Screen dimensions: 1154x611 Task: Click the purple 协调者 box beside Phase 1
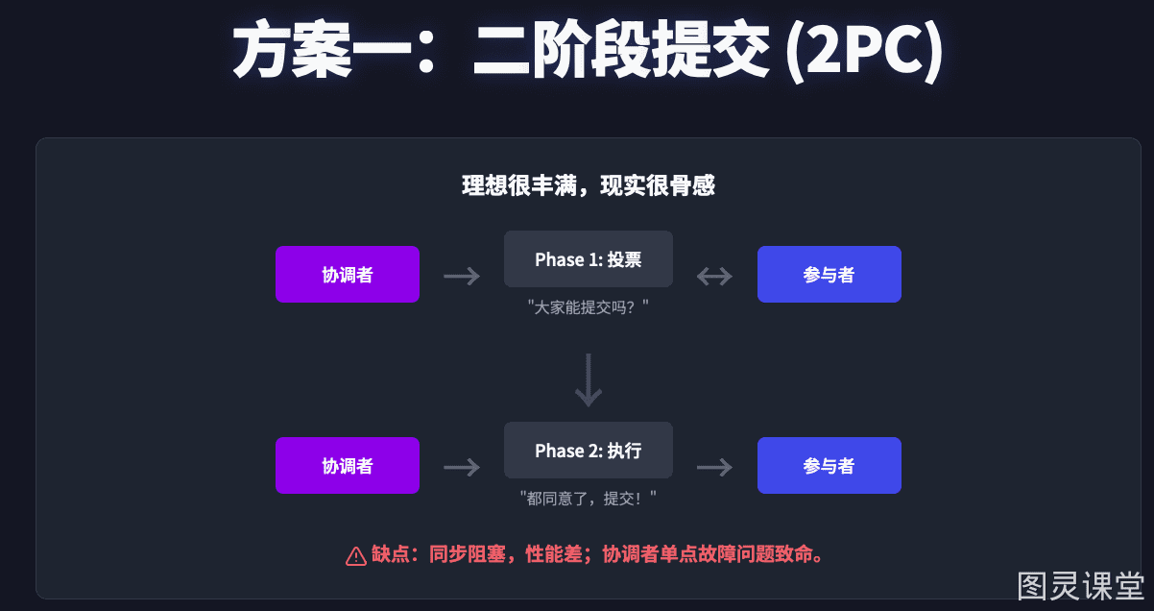pyautogui.click(x=348, y=275)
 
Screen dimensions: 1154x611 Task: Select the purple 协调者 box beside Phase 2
pyautogui.click(x=348, y=466)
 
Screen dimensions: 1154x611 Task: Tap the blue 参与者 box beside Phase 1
pyautogui.click(x=829, y=275)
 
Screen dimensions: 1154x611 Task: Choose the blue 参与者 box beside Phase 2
pyautogui.click(x=829, y=466)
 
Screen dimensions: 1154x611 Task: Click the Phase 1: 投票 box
pyautogui.click(x=589, y=258)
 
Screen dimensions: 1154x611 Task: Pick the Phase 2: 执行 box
pyautogui.click(x=589, y=451)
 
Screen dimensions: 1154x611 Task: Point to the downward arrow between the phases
pyautogui.click(x=589, y=380)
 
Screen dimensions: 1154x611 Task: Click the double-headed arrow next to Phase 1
pyautogui.click(x=714, y=277)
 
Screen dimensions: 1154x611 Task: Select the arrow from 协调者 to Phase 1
pyautogui.click(x=462, y=277)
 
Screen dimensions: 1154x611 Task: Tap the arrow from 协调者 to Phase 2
pyautogui.click(x=462, y=468)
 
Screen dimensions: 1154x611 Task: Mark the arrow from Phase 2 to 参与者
pyautogui.click(x=714, y=468)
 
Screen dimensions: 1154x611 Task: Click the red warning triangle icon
pyautogui.click(x=356, y=556)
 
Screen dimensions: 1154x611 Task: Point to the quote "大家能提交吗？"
pyautogui.click(x=588, y=307)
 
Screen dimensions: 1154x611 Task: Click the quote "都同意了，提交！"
pyautogui.click(x=588, y=499)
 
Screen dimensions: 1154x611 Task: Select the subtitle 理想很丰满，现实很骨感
pyautogui.click(x=589, y=185)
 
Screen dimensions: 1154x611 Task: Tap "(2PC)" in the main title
pyautogui.click(x=864, y=50)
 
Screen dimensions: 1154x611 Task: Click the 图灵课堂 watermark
pyautogui.click(x=1080, y=586)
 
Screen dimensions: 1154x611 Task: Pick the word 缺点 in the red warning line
pyautogui.click(x=391, y=554)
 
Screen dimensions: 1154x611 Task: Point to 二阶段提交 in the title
pyautogui.click(x=621, y=49)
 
